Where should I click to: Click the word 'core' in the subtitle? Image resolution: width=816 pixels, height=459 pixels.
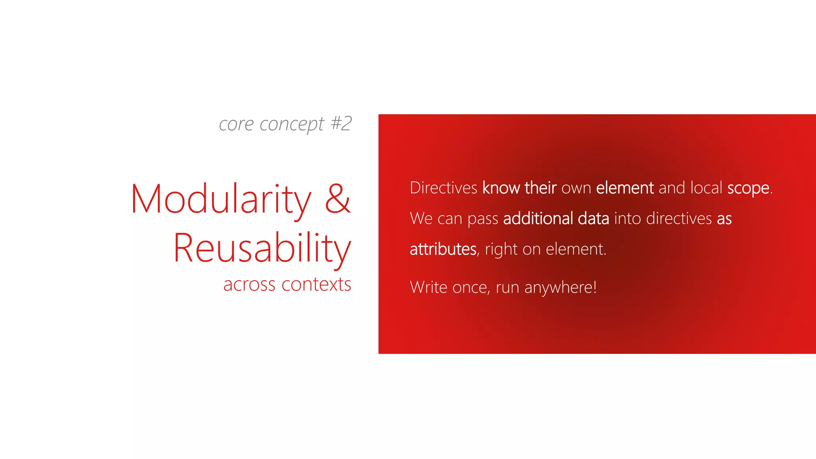(236, 124)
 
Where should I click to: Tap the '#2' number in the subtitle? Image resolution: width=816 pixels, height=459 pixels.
(341, 123)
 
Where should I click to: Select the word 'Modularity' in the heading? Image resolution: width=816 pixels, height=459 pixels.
(221, 199)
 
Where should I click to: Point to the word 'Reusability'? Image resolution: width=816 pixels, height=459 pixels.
(262, 248)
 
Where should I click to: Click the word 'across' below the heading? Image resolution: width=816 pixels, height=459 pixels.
(249, 285)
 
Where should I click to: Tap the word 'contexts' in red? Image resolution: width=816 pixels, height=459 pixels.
(316, 284)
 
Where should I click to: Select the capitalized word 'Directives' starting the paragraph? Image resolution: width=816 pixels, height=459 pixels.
(443, 188)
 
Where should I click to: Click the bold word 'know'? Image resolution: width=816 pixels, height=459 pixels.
(501, 188)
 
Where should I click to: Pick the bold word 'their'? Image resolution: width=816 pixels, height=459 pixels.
(541, 188)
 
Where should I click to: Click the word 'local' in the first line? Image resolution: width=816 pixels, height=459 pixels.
(706, 188)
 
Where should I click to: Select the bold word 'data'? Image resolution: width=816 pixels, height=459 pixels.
(593, 218)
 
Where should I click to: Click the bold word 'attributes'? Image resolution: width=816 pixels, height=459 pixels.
(443, 249)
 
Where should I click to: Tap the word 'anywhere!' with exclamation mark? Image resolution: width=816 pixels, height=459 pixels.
(560, 288)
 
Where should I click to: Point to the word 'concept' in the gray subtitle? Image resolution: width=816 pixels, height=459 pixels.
(292, 124)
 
